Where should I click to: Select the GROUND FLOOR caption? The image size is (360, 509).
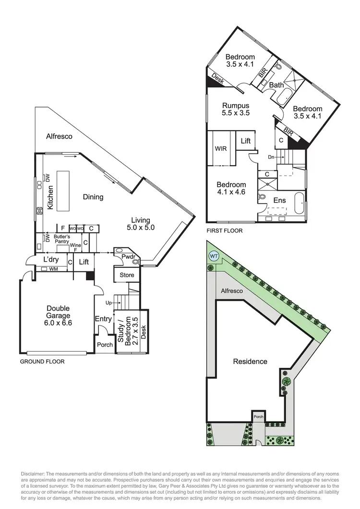[x=42, y=362]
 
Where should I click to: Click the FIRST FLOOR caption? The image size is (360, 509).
[x=224, y=230]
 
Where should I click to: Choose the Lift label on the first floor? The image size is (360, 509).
[x=246, y=141]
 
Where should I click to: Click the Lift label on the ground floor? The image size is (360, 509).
[x=84, y=262]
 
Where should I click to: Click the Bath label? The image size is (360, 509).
[x=276, y=85]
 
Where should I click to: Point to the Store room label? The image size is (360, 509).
[x=127, y=275]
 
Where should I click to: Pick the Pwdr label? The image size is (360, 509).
[x=127, y=257]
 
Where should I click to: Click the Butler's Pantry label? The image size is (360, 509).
[x=61, y=240]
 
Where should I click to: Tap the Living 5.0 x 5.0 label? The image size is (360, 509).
[x=141, y=224]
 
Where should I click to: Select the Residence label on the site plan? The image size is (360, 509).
[x=250, y=361]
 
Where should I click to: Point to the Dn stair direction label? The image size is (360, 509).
[x=272, y=157]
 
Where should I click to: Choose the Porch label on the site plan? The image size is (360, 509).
[x=259, y=416]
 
